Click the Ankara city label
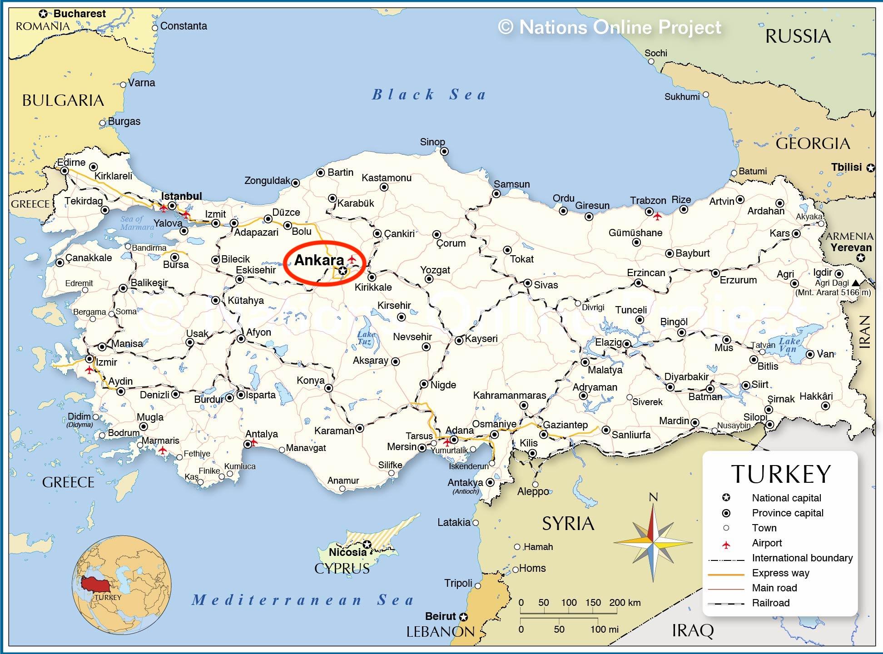[x=319, y=260]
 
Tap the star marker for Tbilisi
[x=870, y=168]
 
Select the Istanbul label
[x=181, y=196]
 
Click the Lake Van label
[x=789, y=345]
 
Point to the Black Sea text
[x=429, y=94]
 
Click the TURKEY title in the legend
[x=781, y=474]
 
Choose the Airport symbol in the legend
[x=726, y=544]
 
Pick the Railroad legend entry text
[x=771, y=603]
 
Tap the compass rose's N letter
[x=653, y=497]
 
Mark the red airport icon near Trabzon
[x=657, y=217]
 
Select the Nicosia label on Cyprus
[x=347, y=552]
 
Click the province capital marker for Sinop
[x=444, y=151]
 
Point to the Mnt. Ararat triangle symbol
[x=856, y=283]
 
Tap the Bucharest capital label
[x=79, y=14]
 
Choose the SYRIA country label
[x=568, y=524]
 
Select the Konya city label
[x=311, y=380]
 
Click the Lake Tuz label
[x=366, y=338]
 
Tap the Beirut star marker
[x=463, y=617]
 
